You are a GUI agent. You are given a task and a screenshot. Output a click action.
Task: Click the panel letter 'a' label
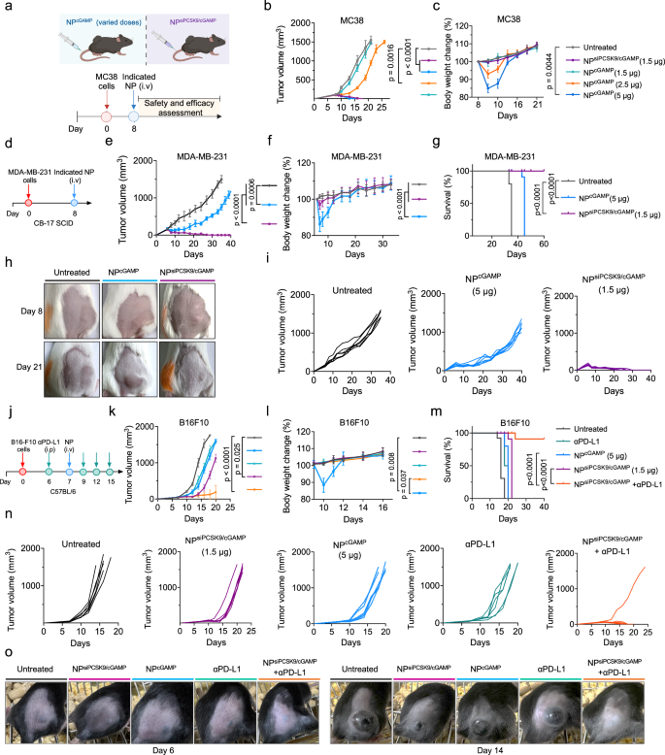7,8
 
